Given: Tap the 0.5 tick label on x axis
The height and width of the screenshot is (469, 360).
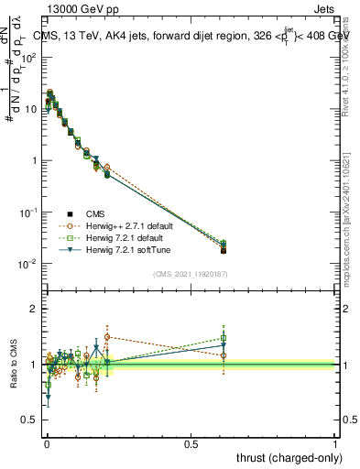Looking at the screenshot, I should pos(191,442).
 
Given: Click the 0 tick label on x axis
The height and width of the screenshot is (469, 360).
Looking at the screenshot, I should pos(46,442).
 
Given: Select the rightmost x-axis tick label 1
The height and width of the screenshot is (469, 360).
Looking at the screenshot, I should pos(335,442).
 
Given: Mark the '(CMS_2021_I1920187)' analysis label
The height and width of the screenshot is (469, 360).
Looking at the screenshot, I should pos(191,274).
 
